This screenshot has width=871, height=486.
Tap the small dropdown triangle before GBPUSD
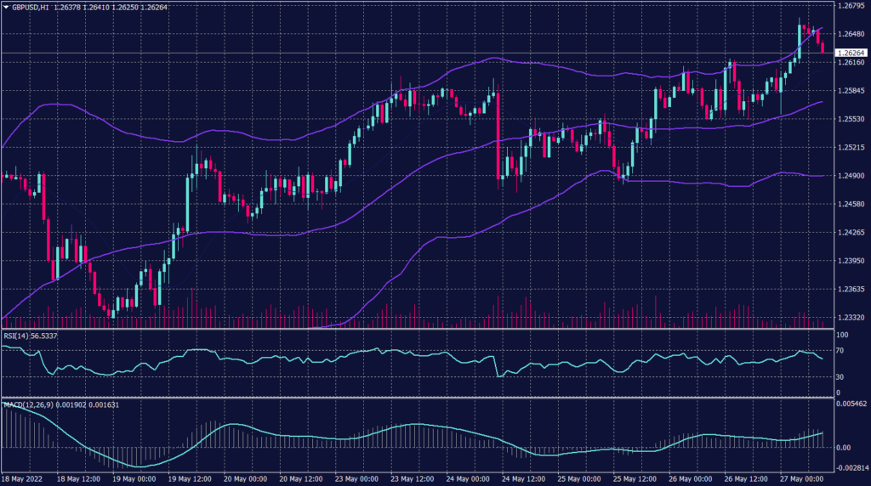coord(6,7)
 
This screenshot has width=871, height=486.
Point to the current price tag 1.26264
coord(851,53)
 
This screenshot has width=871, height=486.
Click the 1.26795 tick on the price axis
coord(851,6)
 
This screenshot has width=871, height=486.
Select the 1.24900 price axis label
coord(851,175)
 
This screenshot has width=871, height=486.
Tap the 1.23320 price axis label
coord(851,317)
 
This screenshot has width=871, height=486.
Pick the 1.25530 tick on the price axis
coord(851,119)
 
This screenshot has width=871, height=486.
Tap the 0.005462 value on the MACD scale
coord(852,404)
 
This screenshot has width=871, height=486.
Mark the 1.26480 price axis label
coord(851,34)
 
